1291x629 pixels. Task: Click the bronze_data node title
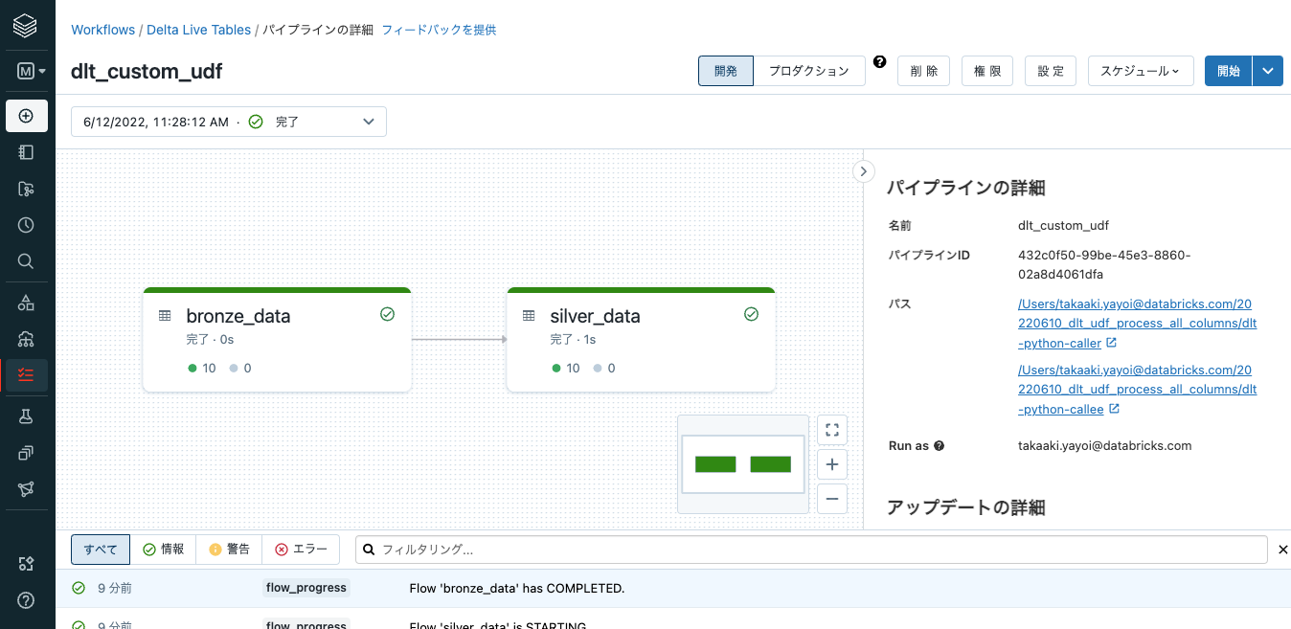[x=238, y=316]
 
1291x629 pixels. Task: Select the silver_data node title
[x=595, y=316]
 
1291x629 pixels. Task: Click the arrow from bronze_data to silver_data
[x=459, y=339]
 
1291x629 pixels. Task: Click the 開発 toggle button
[x=726, y=71]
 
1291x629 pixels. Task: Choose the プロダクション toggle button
[x=808, y=71]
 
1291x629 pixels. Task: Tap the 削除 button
[x=923, y=71]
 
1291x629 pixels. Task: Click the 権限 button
[x=987, y=71]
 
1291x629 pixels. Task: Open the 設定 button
[x=1051, y=71]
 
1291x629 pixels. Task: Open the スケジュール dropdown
[x=1140, y=71]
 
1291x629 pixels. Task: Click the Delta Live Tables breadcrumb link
[x=198, y=30]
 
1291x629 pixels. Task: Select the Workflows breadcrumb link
[x=102, y=30]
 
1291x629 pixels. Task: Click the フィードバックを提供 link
[x=439, y=30]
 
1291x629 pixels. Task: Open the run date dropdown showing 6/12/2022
[x=229, y=122]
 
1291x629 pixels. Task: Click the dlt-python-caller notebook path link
[x=1137, y=324]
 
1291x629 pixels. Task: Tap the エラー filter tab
[x=301, y=550]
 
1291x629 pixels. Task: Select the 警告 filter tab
[x=229, y=550]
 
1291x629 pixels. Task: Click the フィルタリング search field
[x=814, y=550]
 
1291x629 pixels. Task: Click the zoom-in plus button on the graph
[x=832, y=464]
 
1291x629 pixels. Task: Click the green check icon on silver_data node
[x=751, y=314]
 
